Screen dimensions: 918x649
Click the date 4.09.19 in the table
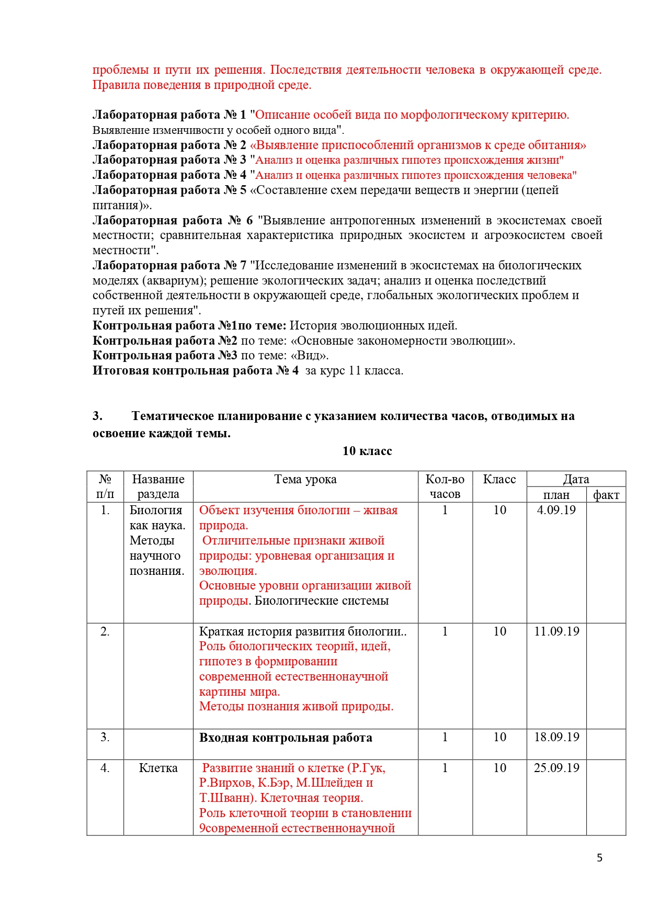click(556, 510)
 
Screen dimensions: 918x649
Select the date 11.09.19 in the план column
click(556, 631)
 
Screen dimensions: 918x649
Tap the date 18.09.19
click(556, 737)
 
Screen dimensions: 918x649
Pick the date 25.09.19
click(556, 768)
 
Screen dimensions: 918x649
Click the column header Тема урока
click(305, 479)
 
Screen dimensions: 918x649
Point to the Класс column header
click(499, 479)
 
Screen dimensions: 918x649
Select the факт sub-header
click(606, 495)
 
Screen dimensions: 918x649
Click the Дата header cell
click(576, 479)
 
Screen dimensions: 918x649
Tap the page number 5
click(599, 858)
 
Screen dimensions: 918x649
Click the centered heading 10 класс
click(367, 451)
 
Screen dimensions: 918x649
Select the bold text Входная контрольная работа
click(286, 738)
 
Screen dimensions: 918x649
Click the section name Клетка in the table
click(158, 768)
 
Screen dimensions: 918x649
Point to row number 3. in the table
click(105, 737)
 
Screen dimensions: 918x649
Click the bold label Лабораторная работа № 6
click(173, 220)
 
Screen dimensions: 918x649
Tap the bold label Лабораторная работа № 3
click(169, 160)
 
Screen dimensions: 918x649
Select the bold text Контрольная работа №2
click(165, 341)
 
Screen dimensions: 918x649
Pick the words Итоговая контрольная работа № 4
click(196, 371)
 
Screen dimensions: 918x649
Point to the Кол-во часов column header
click(445, 486)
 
